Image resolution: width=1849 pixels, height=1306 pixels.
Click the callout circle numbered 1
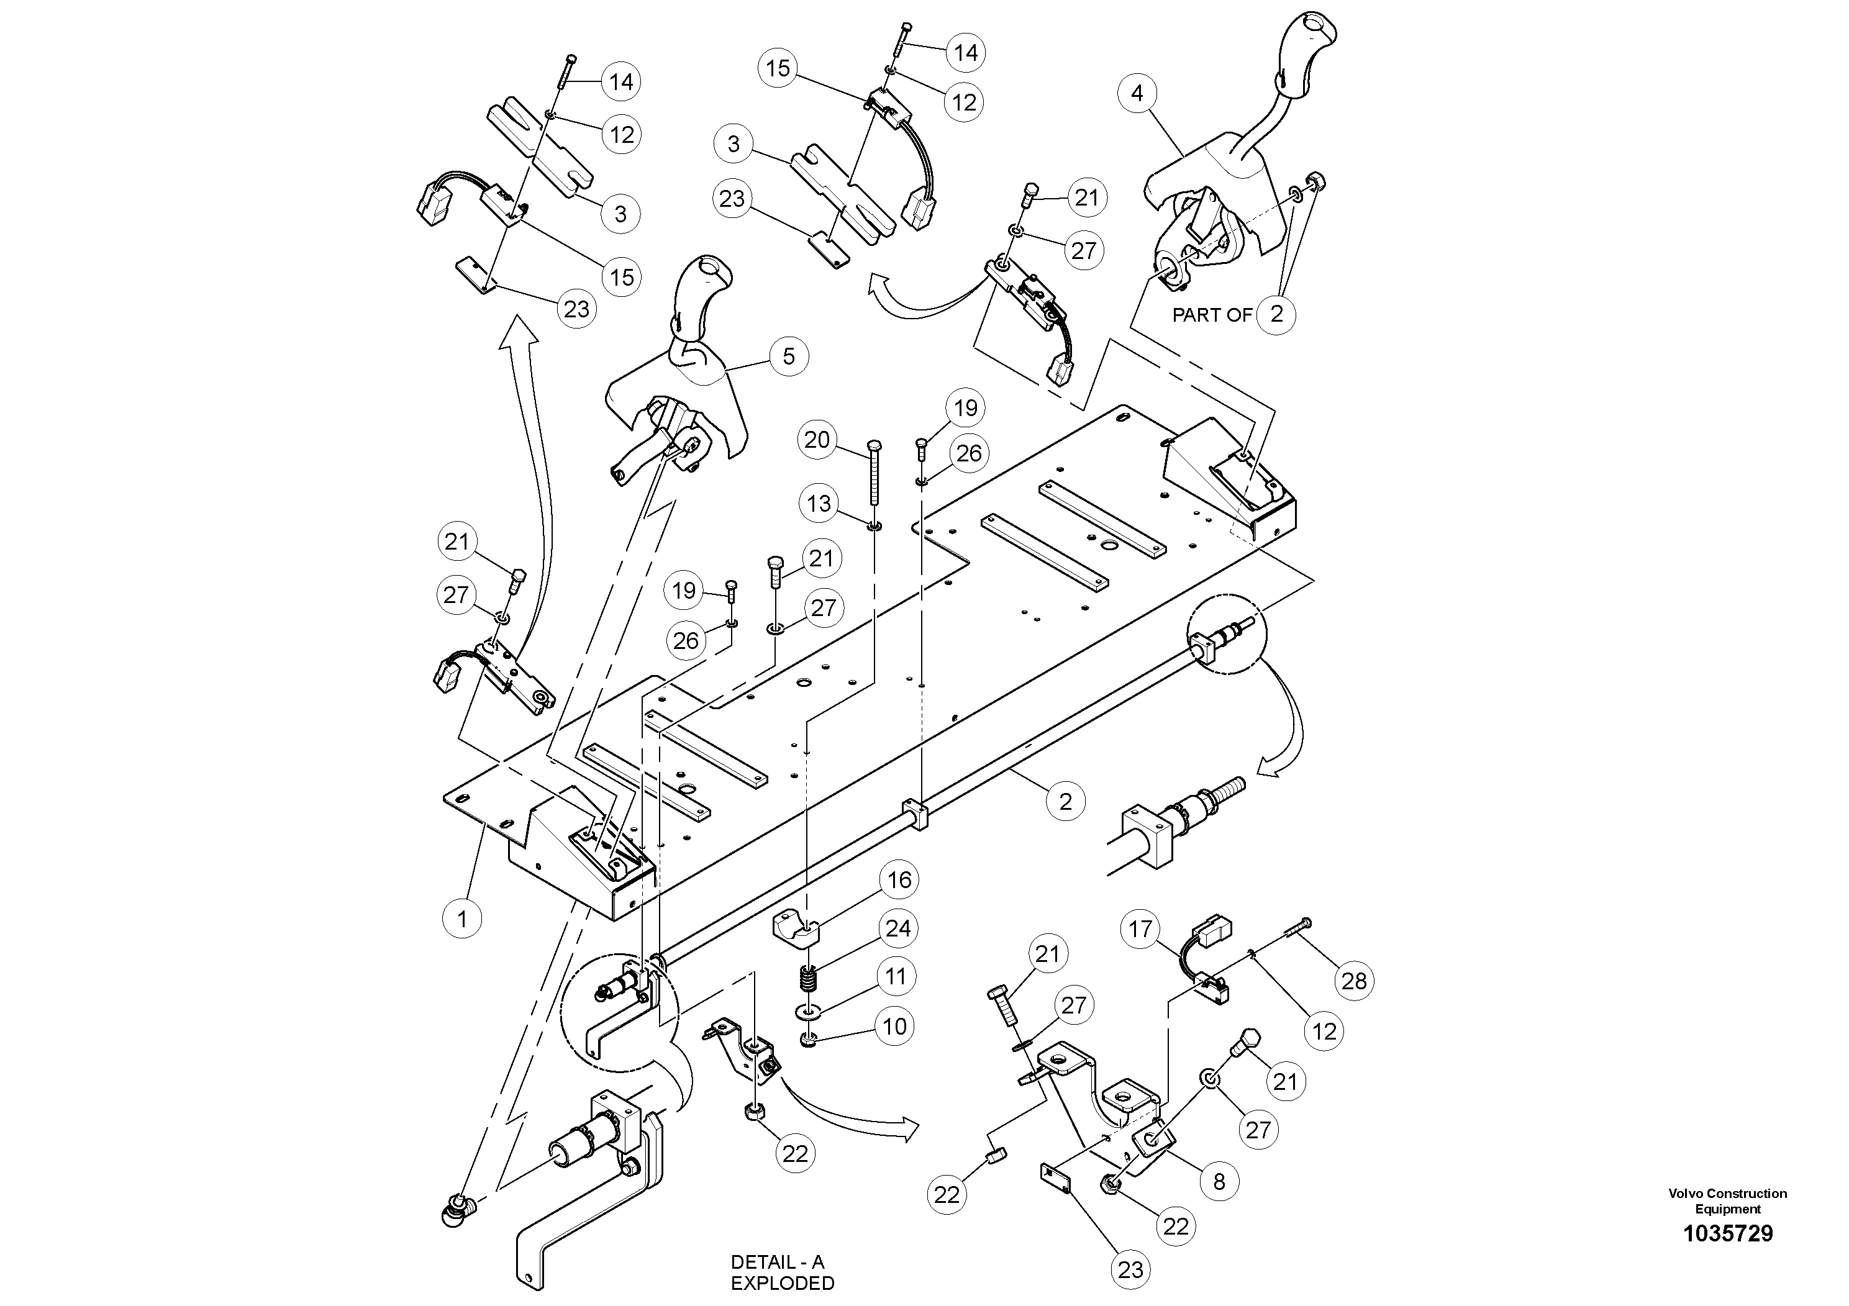pyautogui.click(x=462, y=918)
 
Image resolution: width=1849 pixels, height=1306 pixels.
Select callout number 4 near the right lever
pyautogui.click(x=1137, y=93)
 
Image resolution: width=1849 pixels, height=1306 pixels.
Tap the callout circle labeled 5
pyautogui.click(x=788, y=356)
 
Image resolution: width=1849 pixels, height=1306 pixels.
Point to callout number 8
pyautogui.click(x=1219, y=1181)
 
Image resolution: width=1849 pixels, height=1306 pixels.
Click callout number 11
pyautogui.click(x=896, y=977)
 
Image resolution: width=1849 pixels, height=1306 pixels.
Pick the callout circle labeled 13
pyautogui.click(x=818, y=504)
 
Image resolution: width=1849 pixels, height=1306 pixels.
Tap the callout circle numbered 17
pyautogui.click(x=1140, y=929)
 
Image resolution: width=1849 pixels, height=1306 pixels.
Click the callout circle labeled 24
pyautogui.click(x=898, y=928)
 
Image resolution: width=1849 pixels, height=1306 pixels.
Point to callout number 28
pyautogui.click(x=1354, y=981)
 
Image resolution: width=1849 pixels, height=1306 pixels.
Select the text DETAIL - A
pyautogui.click(x=777, y=1262)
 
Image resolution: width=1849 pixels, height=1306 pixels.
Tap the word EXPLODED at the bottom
pyautogui.click(x=782, y=1282)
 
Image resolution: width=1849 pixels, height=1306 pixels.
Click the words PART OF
pyautogui.click(x=1211, y=315)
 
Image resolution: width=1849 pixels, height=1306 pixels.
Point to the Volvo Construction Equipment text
pyautogui.click(x=1727, y=1200)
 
